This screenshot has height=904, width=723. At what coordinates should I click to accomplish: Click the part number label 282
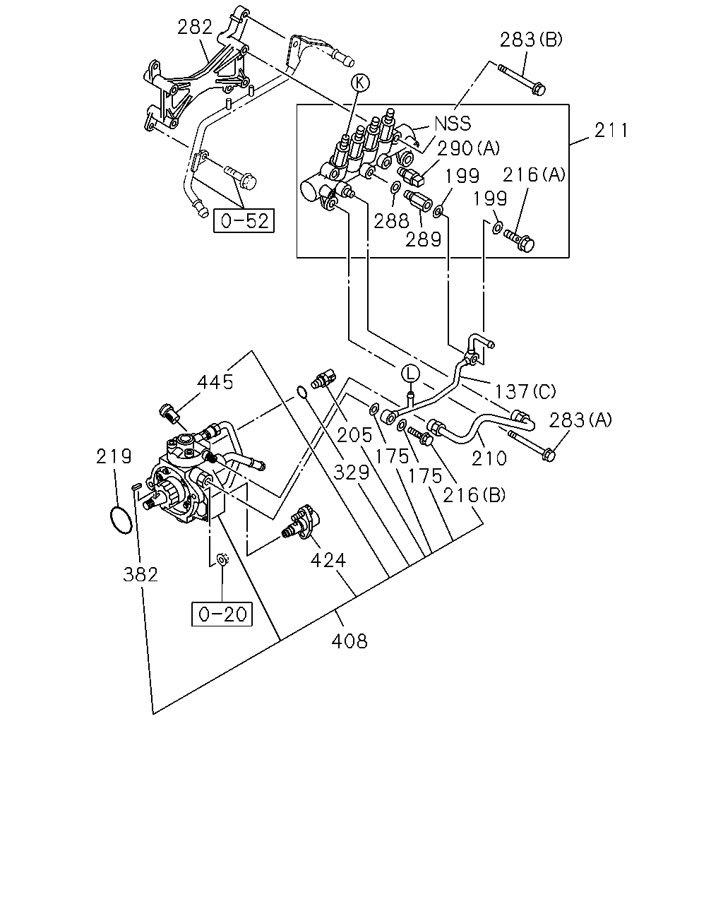click(194, 28)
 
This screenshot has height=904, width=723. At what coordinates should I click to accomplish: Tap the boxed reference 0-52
click(244, 220)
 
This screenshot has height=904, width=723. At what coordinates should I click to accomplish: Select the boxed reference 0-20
click(222, 614)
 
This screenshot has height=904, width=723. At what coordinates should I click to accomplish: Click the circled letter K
click(360, 83)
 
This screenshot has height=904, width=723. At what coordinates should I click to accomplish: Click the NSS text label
click(452, 124)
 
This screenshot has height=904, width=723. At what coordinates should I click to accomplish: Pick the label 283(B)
click(530, 40)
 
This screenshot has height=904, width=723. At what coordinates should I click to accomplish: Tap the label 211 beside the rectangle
click(611, 130)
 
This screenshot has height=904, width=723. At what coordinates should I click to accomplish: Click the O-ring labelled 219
click(121, 521)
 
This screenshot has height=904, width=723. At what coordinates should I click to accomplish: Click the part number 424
click(328, 560)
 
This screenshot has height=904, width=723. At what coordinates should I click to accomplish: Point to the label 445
click(215, 382)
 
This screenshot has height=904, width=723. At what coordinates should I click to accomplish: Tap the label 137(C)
click(525, 391)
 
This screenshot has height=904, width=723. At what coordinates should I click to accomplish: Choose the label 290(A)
click(468, 148)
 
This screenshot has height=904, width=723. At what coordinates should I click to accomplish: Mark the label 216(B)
click(474, 496)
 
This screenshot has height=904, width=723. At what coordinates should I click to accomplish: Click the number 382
click(141, 575)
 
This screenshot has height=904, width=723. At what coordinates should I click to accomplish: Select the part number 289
click(423, 239)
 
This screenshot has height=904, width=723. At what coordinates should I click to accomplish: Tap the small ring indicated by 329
click(301, 391)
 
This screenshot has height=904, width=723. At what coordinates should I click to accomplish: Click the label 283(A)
click(580, 420)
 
